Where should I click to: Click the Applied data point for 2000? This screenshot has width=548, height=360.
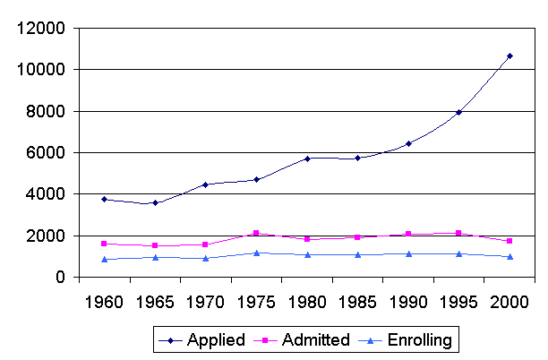pos(509,56)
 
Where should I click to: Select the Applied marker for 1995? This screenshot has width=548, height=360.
pos(458,113)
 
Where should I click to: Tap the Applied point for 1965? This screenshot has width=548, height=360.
pos(156,202)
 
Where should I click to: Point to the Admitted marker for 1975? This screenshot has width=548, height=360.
pos(257,234)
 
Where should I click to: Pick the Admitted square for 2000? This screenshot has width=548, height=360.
pos(509,241)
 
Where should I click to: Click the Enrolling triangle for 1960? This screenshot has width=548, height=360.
pos(105,260)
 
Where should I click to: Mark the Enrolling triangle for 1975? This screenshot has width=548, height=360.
pos(257,253)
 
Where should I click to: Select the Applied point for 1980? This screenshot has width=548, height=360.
pos(307,159)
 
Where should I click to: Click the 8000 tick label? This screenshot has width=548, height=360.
pos(46,111)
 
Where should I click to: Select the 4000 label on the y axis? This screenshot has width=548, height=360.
pos(46,194)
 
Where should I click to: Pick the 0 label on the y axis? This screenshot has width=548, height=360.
pos(58,278)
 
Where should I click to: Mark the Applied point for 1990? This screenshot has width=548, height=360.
pos(408,143)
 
